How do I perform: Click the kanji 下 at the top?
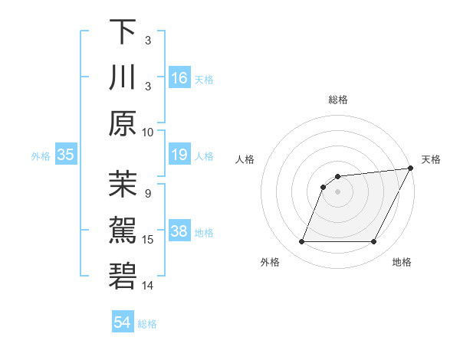click(x=123, y=32)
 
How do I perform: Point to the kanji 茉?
click(x=123, y=184)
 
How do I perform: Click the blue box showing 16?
click(x=179, y=79)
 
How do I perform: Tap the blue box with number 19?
click(x=179, y=155)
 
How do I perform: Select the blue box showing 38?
click(x=179, y=232)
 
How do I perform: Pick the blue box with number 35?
click(x=66, y=155)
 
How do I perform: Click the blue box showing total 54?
click(x=123, y=322)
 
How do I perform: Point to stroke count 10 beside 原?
click(x=148, y=132)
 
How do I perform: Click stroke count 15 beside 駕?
click(x=148, y=240)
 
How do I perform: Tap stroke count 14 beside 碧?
click(x=148, y=286)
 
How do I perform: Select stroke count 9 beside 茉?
click(x=148, y=193)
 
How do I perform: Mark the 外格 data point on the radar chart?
click(x=301, y=242)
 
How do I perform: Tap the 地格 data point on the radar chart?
click(x=374, y=242)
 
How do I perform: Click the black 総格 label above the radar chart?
click(x=338, y=100)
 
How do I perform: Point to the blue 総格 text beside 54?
click(x=147, y=324)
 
